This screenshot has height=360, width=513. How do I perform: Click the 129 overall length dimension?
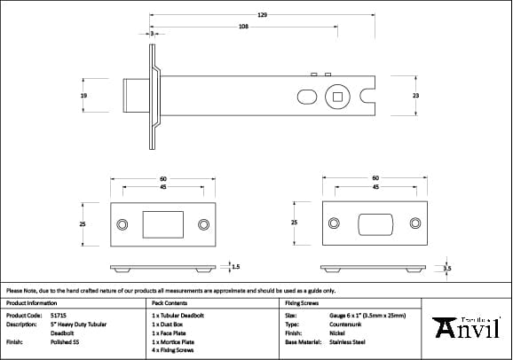(262, 15)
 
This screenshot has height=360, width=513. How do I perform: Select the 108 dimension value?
(243, 27)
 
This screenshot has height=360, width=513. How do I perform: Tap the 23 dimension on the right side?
(415, 95)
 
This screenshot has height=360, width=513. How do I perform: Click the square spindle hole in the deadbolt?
(339, 96)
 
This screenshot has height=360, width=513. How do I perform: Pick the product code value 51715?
(59, 315)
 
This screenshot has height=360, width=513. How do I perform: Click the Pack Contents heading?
(163, 302)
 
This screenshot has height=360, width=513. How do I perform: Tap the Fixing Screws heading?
(301, 302)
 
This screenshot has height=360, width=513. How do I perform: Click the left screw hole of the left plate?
(122, 223)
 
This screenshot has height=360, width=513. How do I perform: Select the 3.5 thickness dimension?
(447, 267)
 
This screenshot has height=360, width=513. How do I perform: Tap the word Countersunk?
(346, 324)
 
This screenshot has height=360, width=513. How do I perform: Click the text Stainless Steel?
(350, 340)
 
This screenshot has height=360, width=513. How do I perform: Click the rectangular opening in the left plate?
(162, 223)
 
